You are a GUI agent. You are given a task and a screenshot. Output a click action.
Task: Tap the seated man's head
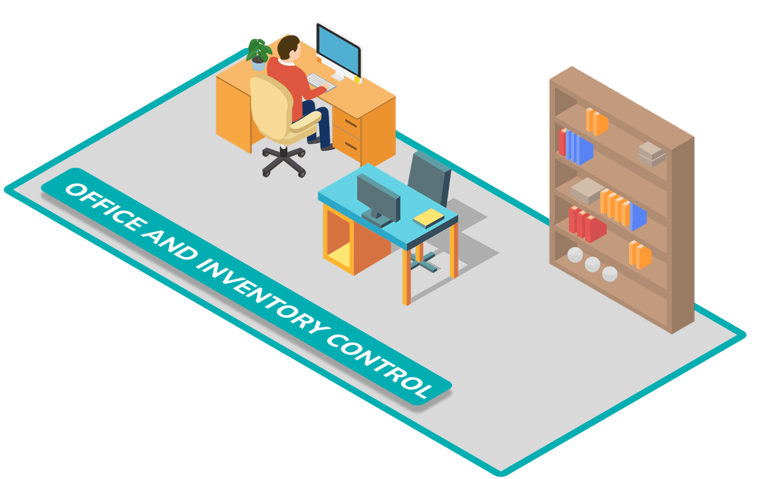click(289, 47)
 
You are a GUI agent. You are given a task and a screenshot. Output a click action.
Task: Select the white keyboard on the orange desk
click(321, 82)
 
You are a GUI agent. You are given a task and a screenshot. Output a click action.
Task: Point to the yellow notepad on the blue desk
click(429, 218)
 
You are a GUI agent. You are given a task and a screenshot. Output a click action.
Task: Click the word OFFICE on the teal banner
click(103, 208)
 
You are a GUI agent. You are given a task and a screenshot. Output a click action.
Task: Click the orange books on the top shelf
click(596, 122)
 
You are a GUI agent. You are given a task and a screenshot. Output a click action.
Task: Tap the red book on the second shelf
click(562, 142)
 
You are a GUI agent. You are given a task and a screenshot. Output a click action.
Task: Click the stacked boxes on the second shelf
click(651, 154)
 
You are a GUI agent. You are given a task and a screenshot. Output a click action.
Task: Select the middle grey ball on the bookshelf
click(592, 264)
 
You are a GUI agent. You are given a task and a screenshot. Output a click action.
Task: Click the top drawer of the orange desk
click(346, 123)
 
